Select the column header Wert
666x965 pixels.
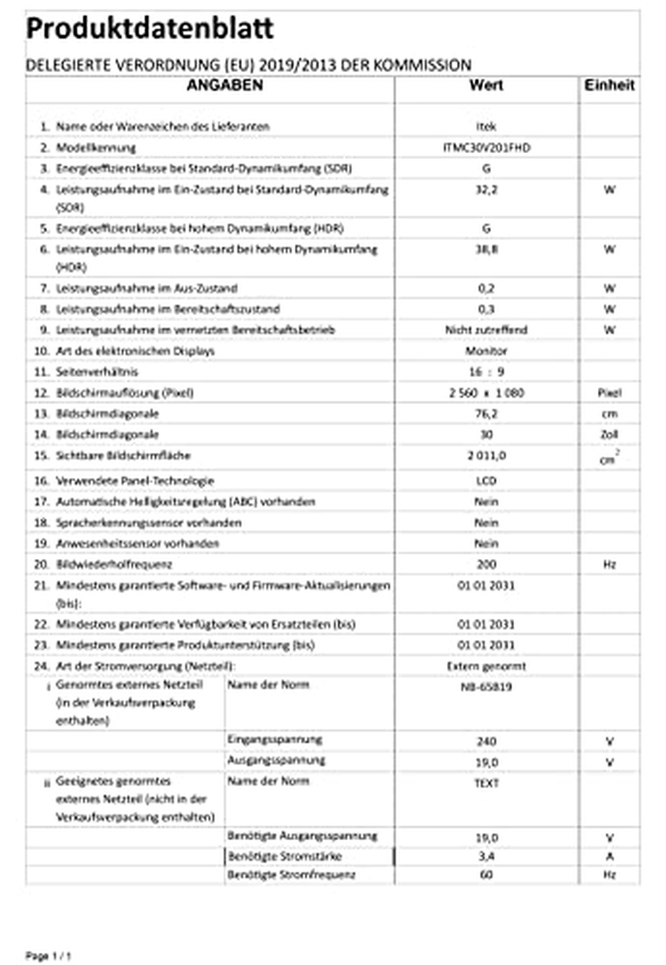(486, 85)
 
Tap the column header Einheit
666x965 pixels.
(609, 85)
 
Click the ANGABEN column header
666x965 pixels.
(224, 85)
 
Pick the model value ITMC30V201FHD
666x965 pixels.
(486, 148)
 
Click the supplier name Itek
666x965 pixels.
(486, 127)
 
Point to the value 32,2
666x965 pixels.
(486, 190)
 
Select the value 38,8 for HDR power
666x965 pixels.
(486, 250)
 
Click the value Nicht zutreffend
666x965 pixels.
(486, 330)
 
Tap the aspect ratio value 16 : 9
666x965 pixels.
(486, 372)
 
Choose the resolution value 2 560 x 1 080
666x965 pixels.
(486, 393)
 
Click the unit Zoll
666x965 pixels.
(609, 434)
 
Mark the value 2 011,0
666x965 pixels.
(486, 456)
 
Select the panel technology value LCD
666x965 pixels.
(486, 481)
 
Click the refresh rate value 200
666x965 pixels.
(486, 564)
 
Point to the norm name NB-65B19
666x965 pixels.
(486, 687)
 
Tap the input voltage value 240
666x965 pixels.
(486, 741)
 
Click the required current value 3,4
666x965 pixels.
(486, 856)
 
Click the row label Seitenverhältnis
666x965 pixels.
(97, 372)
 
